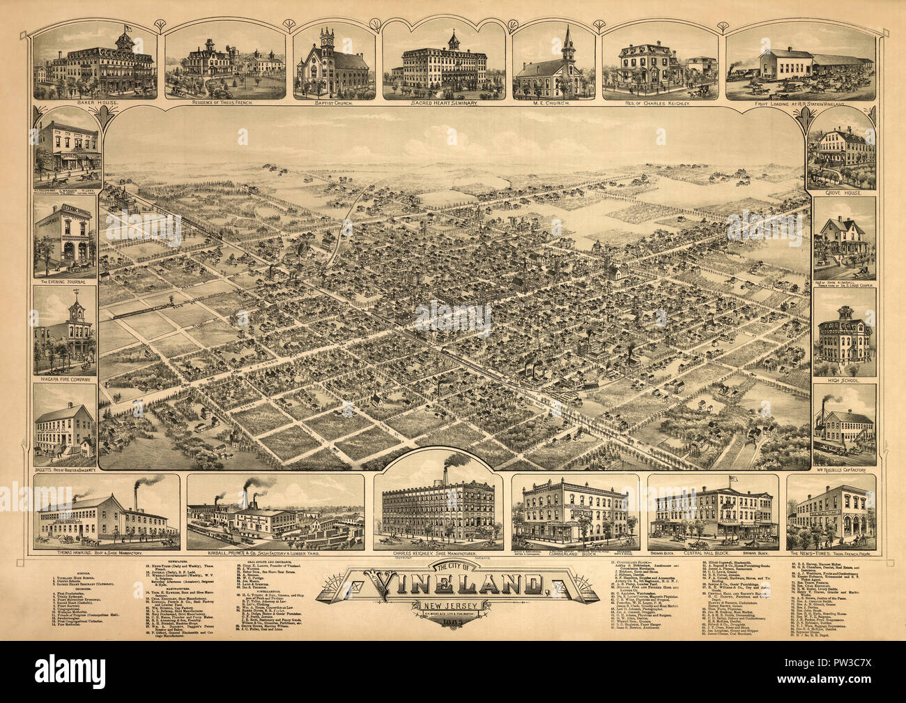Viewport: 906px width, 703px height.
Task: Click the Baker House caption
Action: (x=96, y=103)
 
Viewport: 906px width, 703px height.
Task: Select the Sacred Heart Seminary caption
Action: (x=443, y=103)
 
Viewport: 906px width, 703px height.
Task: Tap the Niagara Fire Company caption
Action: (x=66, y=379)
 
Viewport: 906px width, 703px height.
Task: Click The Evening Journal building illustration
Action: (x=66, y=237)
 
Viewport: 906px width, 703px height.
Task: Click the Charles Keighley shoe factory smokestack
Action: (x=445, y=474)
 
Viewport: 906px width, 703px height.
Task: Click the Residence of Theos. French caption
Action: (x=224, y=103)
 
